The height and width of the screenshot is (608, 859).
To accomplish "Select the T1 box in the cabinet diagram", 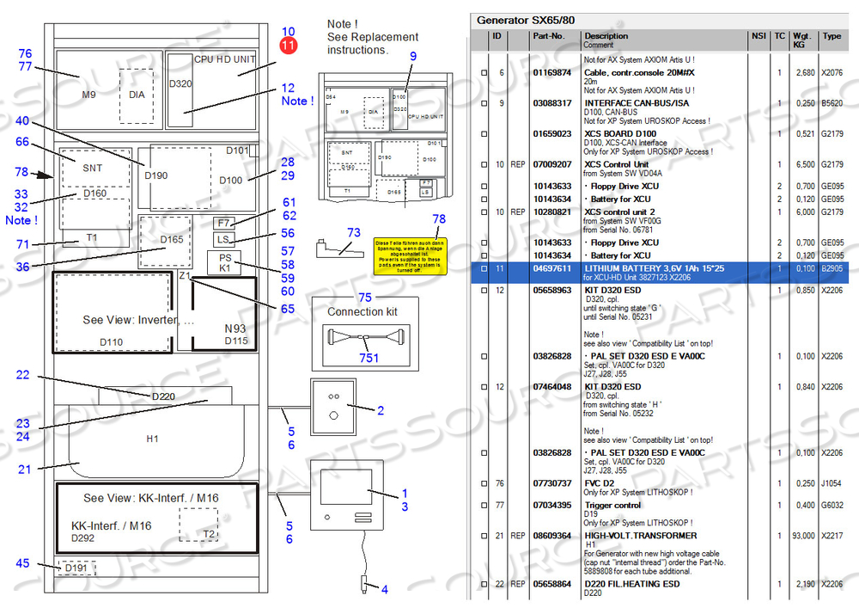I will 92,238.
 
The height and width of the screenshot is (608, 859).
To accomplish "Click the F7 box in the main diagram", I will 224,224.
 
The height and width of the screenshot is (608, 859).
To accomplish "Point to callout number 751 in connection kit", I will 369,358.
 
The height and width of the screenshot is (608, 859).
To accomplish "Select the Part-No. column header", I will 549,36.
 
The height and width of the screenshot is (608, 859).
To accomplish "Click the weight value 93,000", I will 803,536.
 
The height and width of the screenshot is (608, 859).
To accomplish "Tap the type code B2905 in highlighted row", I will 832,268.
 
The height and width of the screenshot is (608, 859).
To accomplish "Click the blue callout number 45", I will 23,564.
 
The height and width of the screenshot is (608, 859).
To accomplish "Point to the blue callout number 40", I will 22,121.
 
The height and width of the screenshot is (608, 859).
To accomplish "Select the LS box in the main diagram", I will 223,239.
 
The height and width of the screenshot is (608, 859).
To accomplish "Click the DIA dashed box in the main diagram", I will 137,94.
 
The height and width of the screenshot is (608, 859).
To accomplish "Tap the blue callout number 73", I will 354,233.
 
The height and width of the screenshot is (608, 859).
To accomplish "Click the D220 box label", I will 163,396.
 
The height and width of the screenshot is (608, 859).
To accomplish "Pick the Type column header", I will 831,36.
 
